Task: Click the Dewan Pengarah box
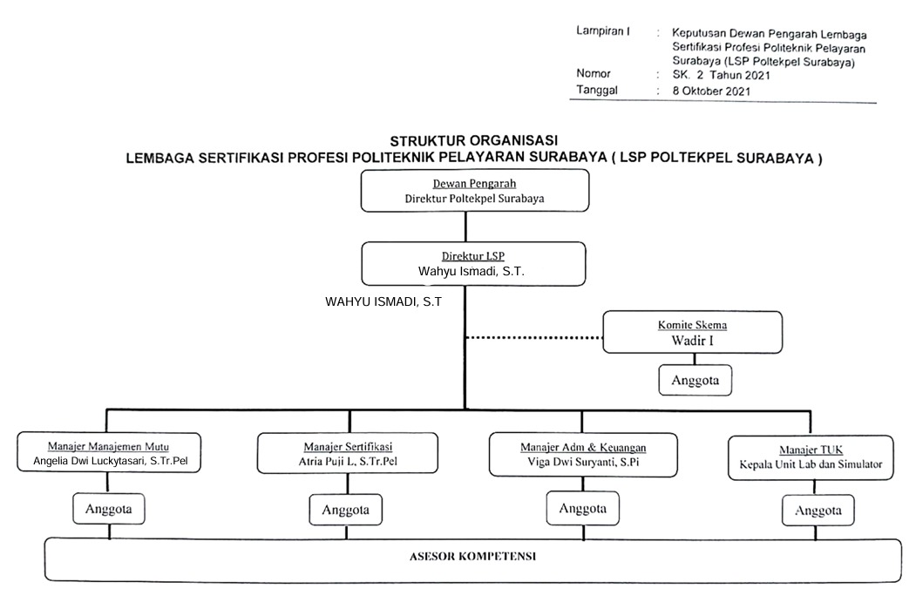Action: pos(475,191)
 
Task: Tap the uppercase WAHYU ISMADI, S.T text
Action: pos(383,302)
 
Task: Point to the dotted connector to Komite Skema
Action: pos(533,337)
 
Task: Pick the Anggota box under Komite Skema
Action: pos(694,381)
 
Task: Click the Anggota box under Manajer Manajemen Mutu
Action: pos(108,509)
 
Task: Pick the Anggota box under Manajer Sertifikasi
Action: pos(345,510)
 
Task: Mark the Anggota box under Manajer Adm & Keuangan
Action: pos(583,507)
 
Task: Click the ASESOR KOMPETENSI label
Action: pos(473,554)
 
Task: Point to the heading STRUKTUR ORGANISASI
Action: pos(474,140)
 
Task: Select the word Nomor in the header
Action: pos(594,74)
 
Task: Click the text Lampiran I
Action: pos(603,31)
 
